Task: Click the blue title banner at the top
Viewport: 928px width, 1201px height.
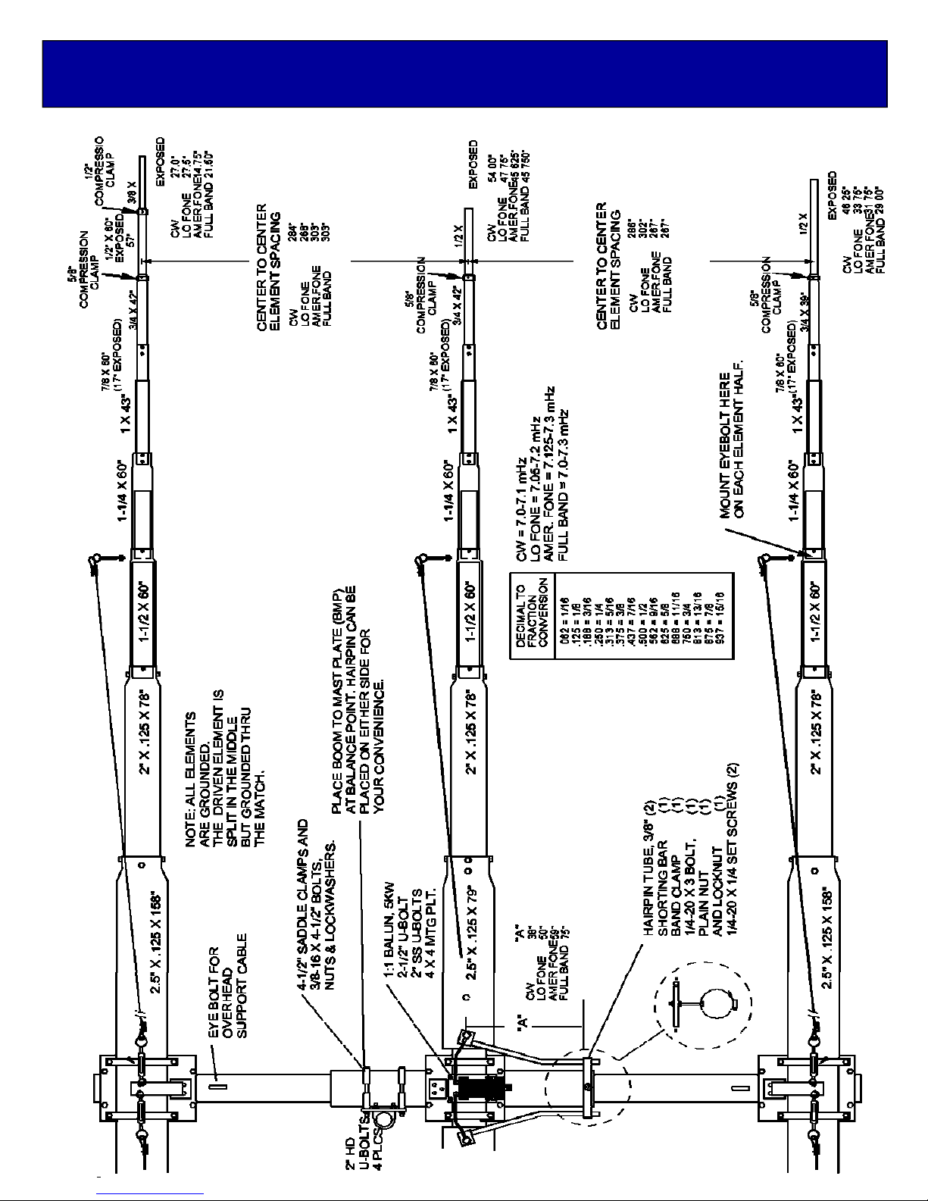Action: (464, 74)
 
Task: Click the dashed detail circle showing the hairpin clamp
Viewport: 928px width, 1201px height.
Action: (702, 1005)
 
